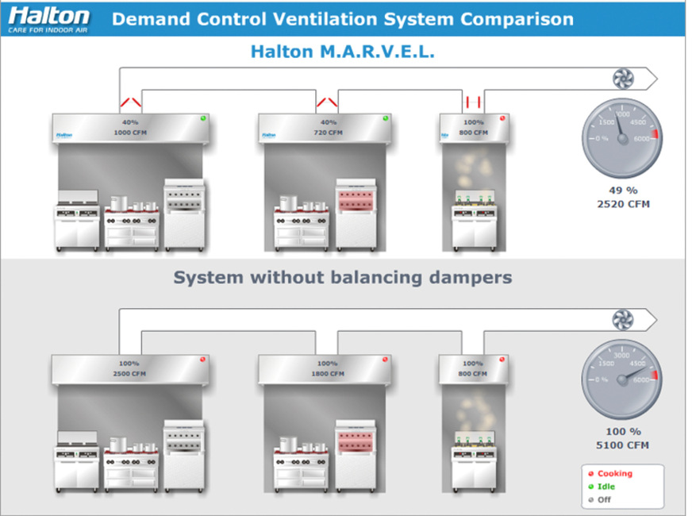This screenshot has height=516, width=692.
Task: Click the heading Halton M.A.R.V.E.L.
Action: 343,52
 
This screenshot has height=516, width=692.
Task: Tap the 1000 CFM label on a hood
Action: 129,133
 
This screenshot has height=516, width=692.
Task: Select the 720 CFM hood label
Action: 328,133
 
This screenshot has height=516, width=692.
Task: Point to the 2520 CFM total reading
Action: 623,204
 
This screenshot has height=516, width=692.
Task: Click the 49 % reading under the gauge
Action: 623,191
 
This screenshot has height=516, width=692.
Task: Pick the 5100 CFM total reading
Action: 623,445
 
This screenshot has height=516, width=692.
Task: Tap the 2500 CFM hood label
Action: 129,373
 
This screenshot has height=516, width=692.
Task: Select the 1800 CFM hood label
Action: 328,373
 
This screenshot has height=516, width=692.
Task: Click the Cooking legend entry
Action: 614,474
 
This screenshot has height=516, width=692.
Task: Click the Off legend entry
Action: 604,499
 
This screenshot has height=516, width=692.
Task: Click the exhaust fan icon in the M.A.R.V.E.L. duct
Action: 621,78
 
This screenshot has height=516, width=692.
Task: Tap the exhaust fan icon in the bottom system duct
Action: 621,319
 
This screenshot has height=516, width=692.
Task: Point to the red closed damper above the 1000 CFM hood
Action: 131,102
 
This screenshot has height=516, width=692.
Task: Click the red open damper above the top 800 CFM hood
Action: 474,101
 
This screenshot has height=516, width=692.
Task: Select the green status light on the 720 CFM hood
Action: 386,118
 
